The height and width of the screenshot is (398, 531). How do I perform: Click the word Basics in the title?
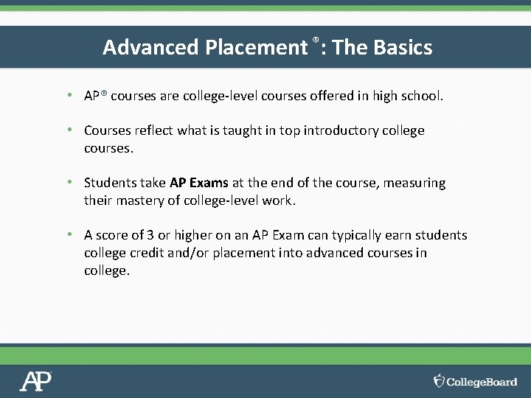[x=403, y=47]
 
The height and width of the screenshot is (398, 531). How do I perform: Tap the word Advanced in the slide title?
[x=152, y=47]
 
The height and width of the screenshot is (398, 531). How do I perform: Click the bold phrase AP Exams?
[x=199, y=183]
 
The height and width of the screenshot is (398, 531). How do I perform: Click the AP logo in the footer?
[x=35, y=381]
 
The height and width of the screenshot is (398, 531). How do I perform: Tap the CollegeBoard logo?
[x=476, y=381]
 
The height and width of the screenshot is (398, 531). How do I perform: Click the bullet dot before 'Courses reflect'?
[x=68, y=130]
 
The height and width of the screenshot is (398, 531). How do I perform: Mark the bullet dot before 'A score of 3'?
[x=68, y=234]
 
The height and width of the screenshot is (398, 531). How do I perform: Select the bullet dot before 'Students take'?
[x=68, y=182]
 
